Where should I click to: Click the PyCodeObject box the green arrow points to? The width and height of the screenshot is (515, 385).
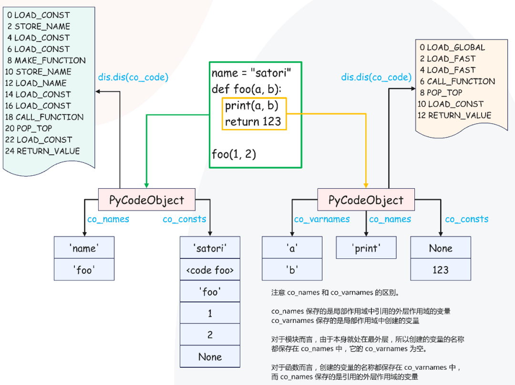point(147,200)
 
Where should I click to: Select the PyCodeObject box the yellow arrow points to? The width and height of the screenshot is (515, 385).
point(366,200)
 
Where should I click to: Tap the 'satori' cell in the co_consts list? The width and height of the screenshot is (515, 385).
point(210,248)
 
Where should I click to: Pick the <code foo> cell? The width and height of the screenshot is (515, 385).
point(210,270)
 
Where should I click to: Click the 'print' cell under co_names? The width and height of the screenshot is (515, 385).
point(366,248)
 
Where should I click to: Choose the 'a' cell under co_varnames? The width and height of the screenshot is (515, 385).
point(292,248)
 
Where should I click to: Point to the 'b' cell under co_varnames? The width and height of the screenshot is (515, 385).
point(292,269)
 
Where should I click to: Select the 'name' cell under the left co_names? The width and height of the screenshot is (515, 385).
point(84,248)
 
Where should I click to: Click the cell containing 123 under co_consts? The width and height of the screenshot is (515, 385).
point(440,269)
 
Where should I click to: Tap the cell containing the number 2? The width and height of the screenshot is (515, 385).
point(210,335)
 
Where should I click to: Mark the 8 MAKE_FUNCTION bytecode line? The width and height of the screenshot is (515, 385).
point(46,60)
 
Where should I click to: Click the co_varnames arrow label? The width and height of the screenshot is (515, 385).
point(322,219)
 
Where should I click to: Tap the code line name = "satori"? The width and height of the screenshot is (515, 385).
point(251,74)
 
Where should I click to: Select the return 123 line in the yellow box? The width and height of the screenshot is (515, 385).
point(253,121)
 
